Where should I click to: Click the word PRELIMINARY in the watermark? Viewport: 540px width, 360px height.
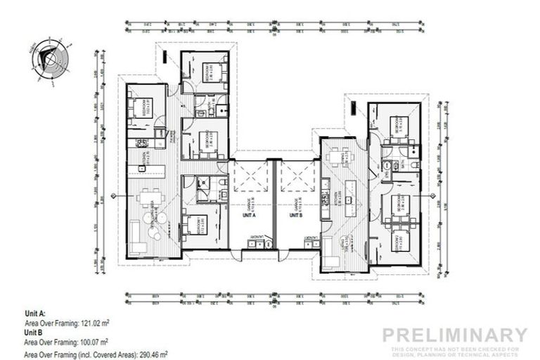coord(455,335)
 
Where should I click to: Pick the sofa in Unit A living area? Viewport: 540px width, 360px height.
coord(138,247)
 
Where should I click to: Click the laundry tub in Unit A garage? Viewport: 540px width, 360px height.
coord(256,243)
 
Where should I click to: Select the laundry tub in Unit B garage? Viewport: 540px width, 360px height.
coord(308,243)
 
